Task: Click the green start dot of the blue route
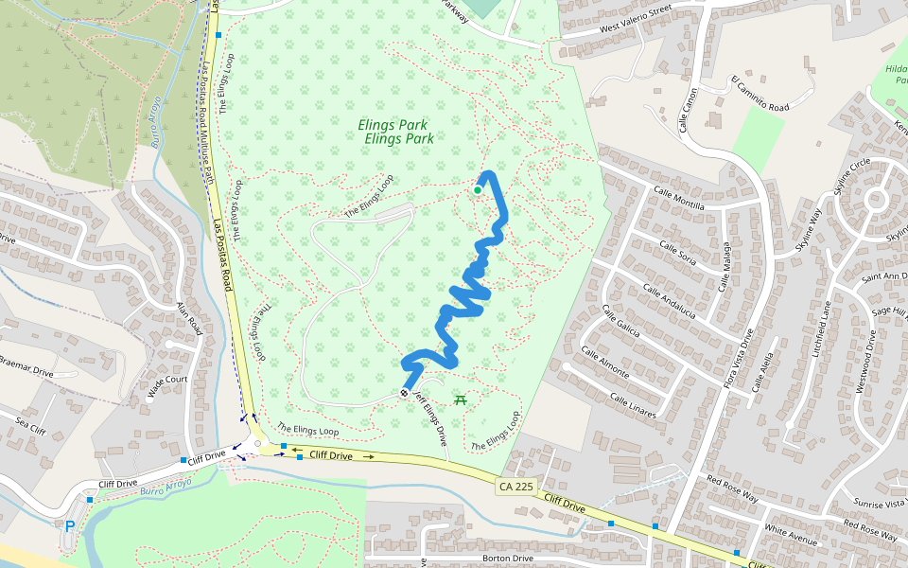478,190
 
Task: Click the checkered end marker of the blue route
405,393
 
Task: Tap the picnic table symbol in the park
462,401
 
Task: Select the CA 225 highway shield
512,487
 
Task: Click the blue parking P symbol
69,526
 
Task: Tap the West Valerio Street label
635,23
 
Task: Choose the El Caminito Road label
760,95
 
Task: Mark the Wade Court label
167,387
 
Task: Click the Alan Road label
189,320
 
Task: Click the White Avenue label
791,536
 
